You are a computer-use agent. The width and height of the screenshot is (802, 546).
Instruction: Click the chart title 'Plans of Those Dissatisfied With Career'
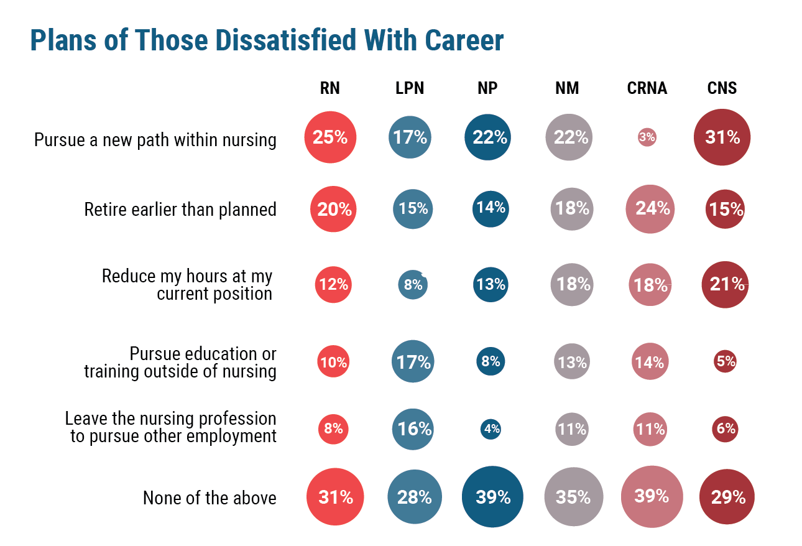tap(267, 41)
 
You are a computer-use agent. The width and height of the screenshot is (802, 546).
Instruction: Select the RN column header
tap(330, 88)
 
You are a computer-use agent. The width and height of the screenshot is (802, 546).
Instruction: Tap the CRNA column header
tap(647, 88)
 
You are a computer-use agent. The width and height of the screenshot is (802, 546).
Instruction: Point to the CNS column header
tap(722, 88)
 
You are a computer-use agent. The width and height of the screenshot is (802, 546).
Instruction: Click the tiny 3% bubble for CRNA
tap(647, 137)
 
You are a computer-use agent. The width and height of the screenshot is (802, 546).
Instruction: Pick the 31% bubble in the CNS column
tap(722, 137)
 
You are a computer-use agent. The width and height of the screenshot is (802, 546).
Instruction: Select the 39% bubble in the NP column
tap(492, 497)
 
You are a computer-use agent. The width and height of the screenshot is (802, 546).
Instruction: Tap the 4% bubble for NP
tap(491, 429)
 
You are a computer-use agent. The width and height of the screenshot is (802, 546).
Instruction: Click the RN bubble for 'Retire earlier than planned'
tap(334, 209)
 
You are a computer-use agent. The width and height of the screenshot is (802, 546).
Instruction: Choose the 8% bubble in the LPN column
tap(413, 285)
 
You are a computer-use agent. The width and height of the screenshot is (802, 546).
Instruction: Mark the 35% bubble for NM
tap(573, 497)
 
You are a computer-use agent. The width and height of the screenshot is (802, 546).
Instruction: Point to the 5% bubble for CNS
tap(725, 361)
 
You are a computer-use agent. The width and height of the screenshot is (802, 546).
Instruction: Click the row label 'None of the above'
tap(210, 498)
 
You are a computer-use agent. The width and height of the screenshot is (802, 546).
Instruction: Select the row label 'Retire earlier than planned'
tap(180, 210)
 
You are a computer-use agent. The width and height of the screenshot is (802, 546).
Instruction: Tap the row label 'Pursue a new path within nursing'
tap(155, 140)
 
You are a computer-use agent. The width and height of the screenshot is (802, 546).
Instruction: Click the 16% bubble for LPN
tap(413, 429)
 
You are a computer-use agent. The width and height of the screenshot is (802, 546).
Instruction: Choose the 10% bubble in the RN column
tap(333, 361)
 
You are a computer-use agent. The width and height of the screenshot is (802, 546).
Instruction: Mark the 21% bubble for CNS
tap(726, 284)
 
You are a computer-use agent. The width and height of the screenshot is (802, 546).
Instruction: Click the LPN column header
tap(410, 88)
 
